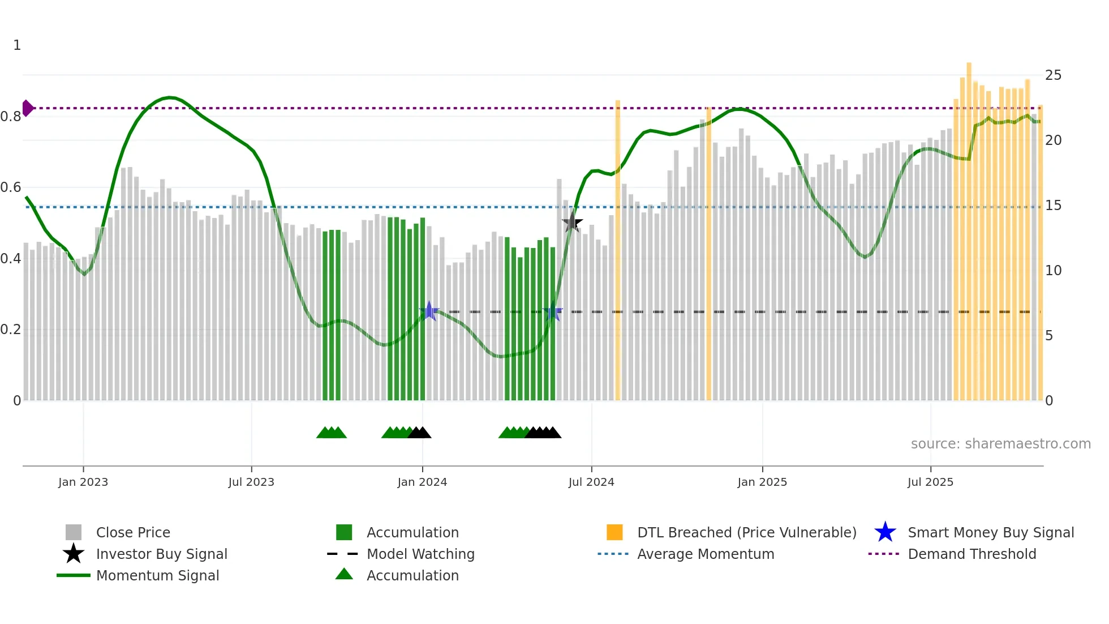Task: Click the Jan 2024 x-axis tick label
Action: pos(422,482)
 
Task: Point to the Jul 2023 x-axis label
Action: pos(251,482)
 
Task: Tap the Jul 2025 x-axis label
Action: pos(930,482)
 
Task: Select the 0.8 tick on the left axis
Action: pos(11,117)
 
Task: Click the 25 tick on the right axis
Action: pos(1053,75)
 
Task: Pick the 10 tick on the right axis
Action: pos(1053,271)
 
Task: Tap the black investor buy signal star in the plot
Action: pos(572,223)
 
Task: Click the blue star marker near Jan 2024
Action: pos(429,311)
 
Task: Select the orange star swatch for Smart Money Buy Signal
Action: pos(885,532)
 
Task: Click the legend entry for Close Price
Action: pos(133,532)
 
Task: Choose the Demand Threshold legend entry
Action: pos(972,554)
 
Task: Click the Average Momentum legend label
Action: pos(706,554)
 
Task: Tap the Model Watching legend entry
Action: pos(420,554)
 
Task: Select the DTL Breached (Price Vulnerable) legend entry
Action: pos(746,532)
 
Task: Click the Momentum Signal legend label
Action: pos(157,575)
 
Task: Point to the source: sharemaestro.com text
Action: pos(1000,443)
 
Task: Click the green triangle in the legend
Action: pos(344,574)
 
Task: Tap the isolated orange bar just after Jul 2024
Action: pos(618,249)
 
